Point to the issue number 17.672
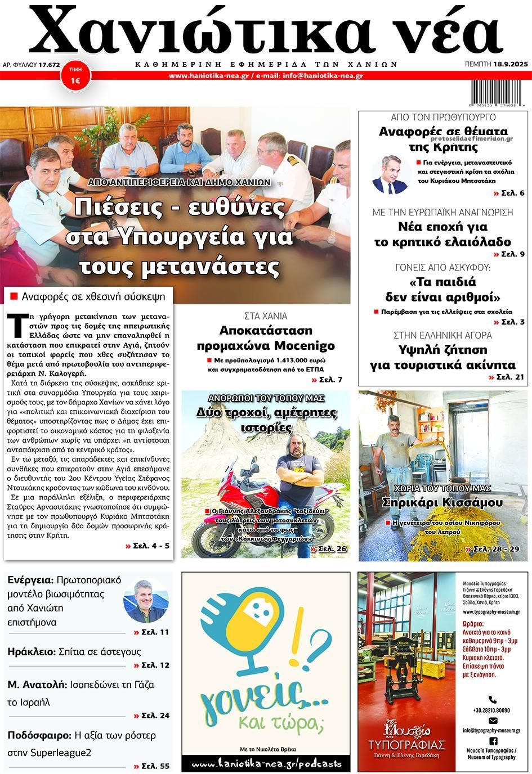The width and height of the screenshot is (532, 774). (49, 65)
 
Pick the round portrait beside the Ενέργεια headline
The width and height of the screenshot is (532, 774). (146, 600)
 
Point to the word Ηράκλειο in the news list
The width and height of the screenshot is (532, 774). (32, 652)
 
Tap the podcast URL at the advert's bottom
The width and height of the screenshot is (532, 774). (266, 764)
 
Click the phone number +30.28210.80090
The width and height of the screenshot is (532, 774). (491, 710)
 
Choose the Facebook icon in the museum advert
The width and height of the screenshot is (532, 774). (493, 741)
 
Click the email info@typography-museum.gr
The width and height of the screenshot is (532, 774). (491, 730)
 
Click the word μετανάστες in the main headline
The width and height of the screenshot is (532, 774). (180, 266)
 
